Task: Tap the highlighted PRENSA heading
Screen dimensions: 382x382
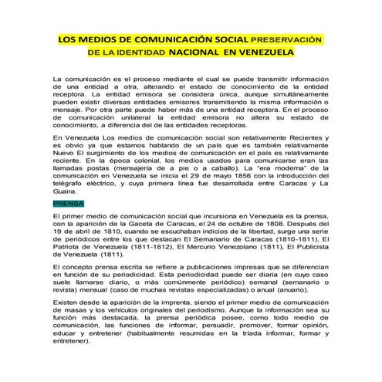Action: (x=67, y=203)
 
